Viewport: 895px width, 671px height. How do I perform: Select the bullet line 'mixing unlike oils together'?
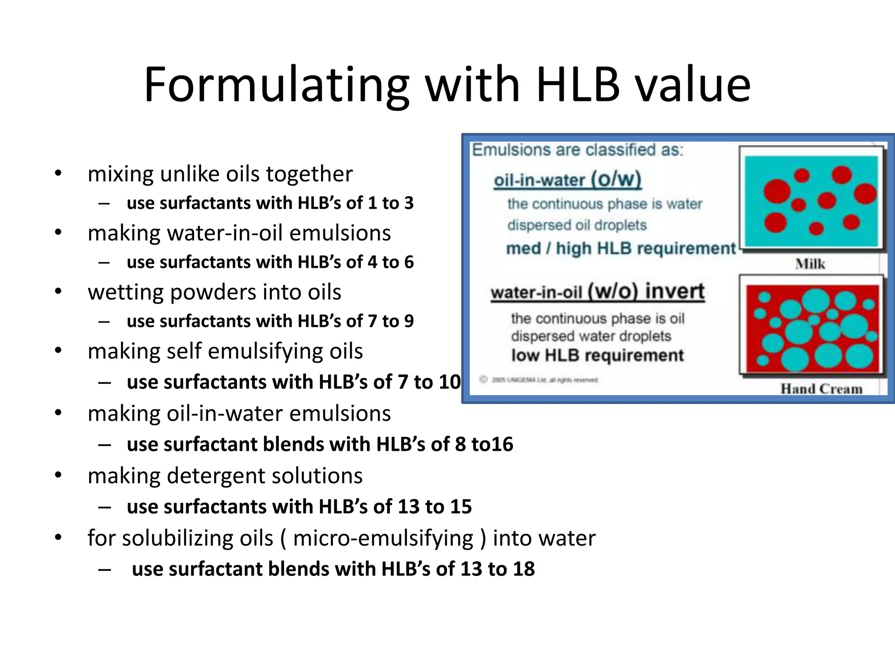point(220,174)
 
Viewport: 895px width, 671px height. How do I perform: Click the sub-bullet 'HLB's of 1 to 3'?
point(270,203)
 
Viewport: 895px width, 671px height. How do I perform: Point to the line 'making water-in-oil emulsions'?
point(239,233)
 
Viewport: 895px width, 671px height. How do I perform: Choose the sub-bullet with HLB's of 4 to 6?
point(270,262)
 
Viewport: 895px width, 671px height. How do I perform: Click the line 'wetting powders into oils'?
point(214,292)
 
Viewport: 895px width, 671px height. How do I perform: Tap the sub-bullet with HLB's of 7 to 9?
point(270,321)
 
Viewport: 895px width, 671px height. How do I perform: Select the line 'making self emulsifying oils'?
point(225,351)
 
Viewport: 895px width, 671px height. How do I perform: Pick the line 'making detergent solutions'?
point(225,475)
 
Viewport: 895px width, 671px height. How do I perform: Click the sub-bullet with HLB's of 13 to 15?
point(299,507)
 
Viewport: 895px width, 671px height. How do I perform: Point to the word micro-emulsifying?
point(383,538)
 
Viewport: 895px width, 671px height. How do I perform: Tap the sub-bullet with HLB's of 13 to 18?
point(333,569)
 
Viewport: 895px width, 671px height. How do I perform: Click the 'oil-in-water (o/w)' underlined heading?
point(567,180)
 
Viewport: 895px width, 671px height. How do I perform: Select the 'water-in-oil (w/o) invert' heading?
point(597,292)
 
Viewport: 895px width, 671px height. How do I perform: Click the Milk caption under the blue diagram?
point(810,264)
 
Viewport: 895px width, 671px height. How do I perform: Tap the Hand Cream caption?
point(821,388)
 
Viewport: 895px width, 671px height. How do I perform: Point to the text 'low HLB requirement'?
point(597,356)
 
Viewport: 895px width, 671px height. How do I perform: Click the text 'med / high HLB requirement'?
point(621,249)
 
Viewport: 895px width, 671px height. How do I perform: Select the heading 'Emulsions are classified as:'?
point(577,150)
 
